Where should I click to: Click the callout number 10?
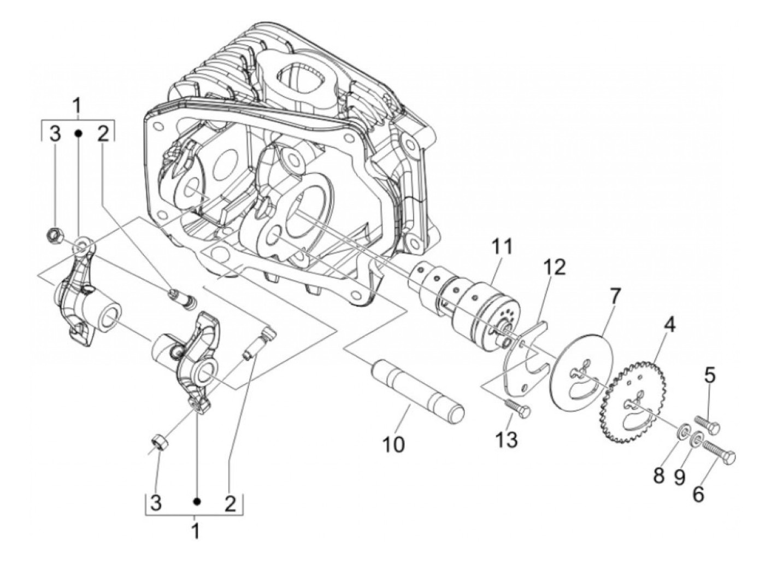coord(394,444)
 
